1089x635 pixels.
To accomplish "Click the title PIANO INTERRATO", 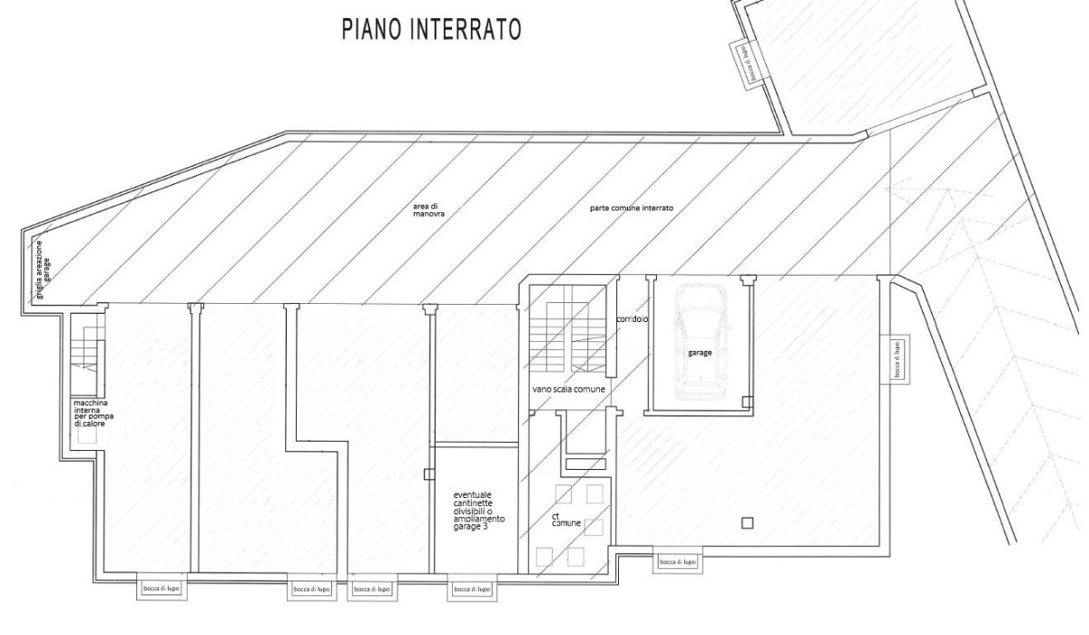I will pos(430,29).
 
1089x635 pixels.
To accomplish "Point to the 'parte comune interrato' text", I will pos(632,208).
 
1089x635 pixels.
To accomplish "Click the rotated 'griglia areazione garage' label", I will pos(43,263).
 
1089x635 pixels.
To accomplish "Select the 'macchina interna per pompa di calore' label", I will pos(91,412).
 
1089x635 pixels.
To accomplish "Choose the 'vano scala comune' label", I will pos(569,389).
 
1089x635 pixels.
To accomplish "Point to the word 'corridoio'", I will pos(631,319).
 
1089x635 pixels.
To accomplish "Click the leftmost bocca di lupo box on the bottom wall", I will pos(162,589).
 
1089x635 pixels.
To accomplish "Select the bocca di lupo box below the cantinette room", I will pos(471,589).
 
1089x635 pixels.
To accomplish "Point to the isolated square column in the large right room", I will pos(747,522).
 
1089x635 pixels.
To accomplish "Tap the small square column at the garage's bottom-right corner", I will pos(746,402).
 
